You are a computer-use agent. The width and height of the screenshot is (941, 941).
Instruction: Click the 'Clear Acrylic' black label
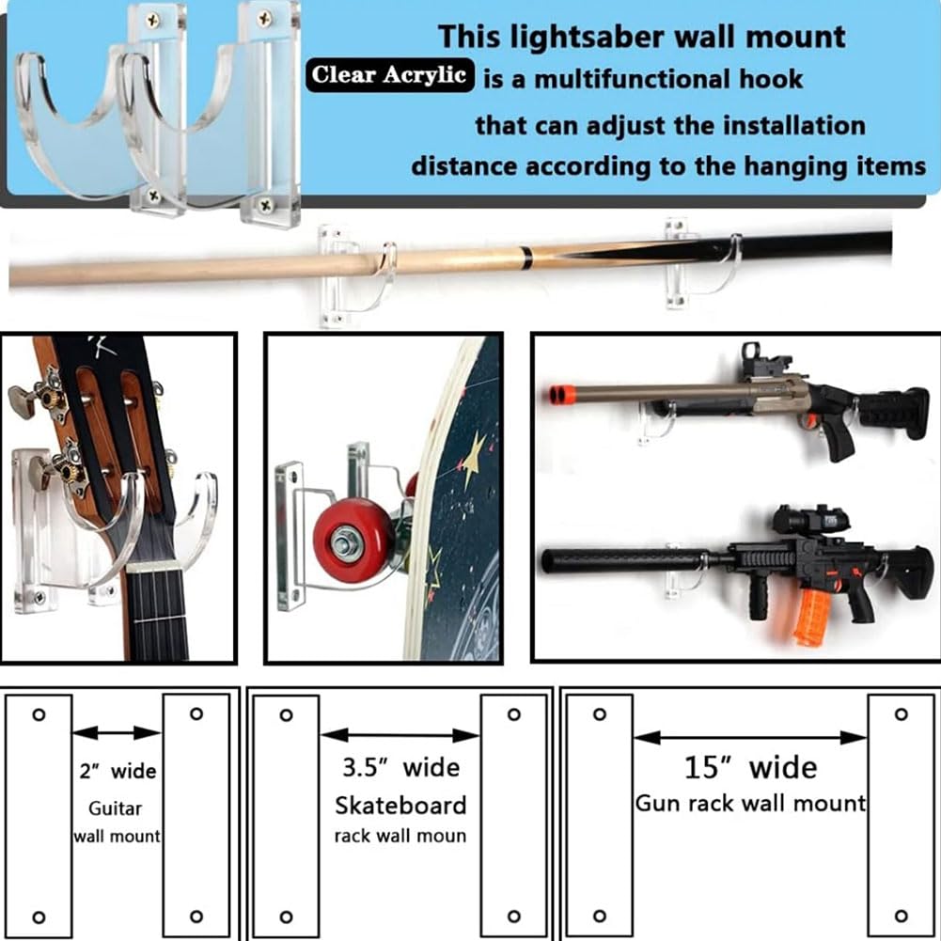(x=389, y=75)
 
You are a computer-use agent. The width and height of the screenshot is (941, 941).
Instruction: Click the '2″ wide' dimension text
(x=118, y=771)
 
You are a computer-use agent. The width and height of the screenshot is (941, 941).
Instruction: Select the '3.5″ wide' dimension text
(x=400, y=768)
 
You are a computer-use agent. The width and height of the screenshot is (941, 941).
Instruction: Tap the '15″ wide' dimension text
(x=750, y=768)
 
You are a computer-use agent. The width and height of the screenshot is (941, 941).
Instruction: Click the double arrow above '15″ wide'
(x=750, y=738)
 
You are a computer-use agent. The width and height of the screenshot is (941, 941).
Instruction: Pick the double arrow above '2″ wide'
(x=117, y=732)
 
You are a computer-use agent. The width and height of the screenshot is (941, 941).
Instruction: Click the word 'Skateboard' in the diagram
(x=400, y=806)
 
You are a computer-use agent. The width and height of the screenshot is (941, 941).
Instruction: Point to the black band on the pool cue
(x=525, y=257)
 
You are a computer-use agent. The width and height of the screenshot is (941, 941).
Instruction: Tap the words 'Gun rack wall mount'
(x=750, y=803)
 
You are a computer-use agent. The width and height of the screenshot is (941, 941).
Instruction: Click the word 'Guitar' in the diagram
(x=116, y=808)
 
